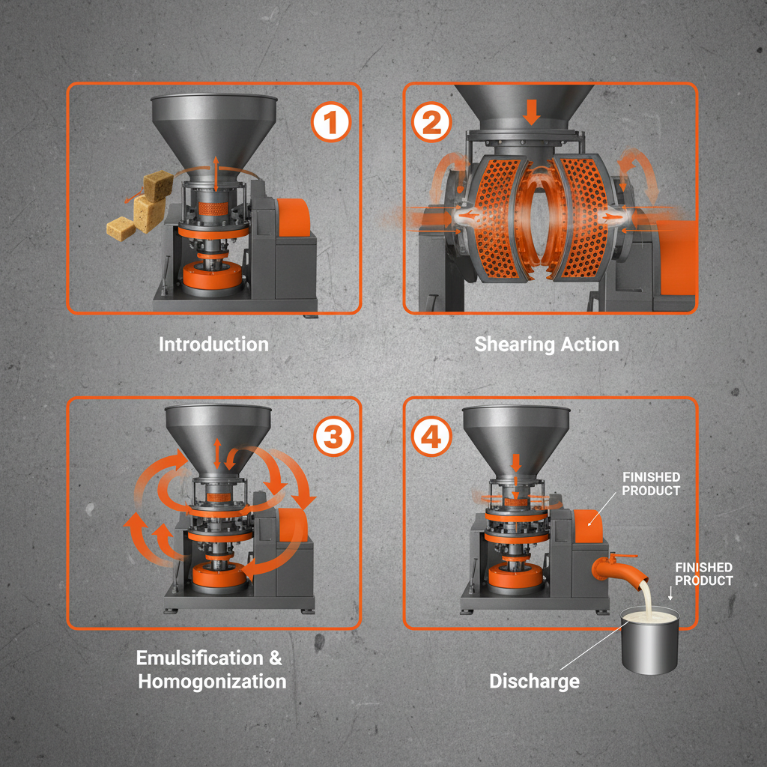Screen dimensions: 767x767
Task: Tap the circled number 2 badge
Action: (x=431, y=123)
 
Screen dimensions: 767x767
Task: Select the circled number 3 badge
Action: (x=331, y=437)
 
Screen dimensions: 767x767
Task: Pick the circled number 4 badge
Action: (x=431, y=437)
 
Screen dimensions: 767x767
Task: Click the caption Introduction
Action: (x=213, y=345)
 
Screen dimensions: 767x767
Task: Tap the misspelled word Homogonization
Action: (x=213, y=682)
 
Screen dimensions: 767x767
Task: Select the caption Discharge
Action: (x=534, y=682)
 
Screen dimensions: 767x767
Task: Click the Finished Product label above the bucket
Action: (x=703, y=575)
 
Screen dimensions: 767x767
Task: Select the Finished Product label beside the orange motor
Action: (x=651, y=484)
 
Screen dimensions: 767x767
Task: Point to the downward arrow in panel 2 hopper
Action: (x=532, y=112)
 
